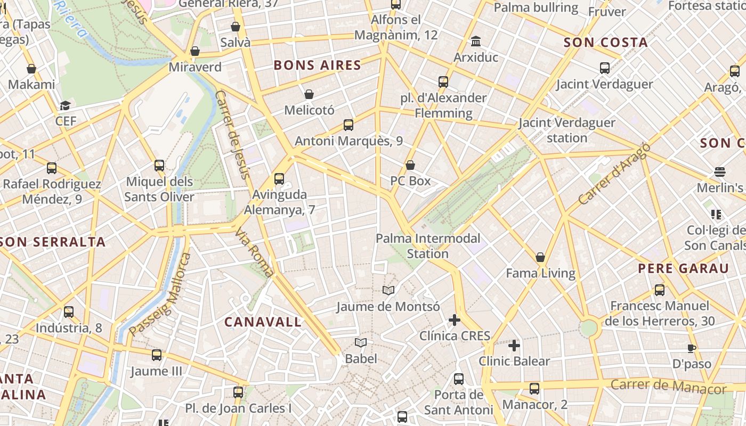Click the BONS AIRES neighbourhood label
coord(317,65)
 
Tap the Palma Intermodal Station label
coord(428,245)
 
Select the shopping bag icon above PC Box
coord(410,165)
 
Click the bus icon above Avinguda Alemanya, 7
coord(279,179)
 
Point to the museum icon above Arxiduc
coord(475,42)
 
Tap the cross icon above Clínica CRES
coord(454,320)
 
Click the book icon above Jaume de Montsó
coord(388,291)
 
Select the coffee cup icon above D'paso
coord(691,348)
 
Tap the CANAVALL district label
coord(263,322)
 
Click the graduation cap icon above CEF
coord(65,105)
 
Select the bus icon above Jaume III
coord(156,355)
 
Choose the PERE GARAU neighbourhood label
coord(683,268)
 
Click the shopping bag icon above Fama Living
coord(540,258)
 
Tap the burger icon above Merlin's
coord(719,172)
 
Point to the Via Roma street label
coord(255,253)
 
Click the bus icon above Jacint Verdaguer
coord(604,68)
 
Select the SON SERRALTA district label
coord(53,242)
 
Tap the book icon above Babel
coord(361,342)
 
